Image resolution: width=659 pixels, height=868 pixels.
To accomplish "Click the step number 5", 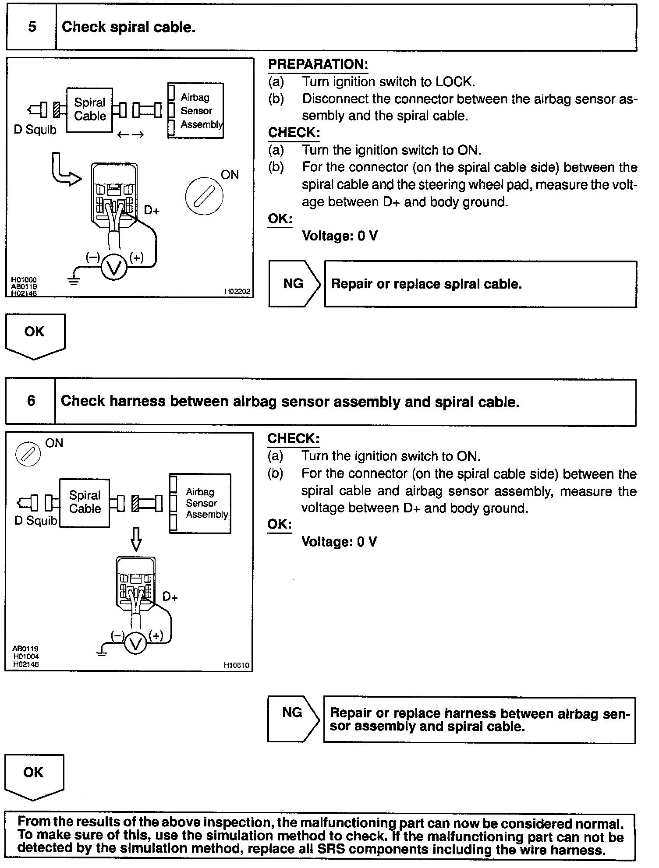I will click(32, 27).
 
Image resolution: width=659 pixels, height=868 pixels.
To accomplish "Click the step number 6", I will click(31, 401).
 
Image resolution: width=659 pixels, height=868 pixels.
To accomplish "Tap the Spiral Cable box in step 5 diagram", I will click(90, 109).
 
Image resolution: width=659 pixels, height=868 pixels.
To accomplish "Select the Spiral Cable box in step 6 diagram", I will click(85, 502).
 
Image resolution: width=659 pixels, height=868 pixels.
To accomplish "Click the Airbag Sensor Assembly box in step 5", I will click(196, 111).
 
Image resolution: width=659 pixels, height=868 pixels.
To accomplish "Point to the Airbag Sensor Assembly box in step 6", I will click(201, 503).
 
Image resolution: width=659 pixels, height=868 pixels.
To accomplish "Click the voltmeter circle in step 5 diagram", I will click(114, 267).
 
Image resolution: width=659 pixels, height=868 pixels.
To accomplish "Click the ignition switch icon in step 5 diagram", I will click(204, 196).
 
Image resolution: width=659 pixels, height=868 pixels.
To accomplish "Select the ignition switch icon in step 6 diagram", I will click(28, 454).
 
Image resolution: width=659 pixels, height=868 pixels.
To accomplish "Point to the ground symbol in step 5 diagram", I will click(74, 280).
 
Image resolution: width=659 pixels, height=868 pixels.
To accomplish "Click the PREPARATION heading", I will click(318, 64).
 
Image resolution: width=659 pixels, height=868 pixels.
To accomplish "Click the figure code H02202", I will click(237, 291).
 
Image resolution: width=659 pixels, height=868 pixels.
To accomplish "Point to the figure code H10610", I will click(236, 666).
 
